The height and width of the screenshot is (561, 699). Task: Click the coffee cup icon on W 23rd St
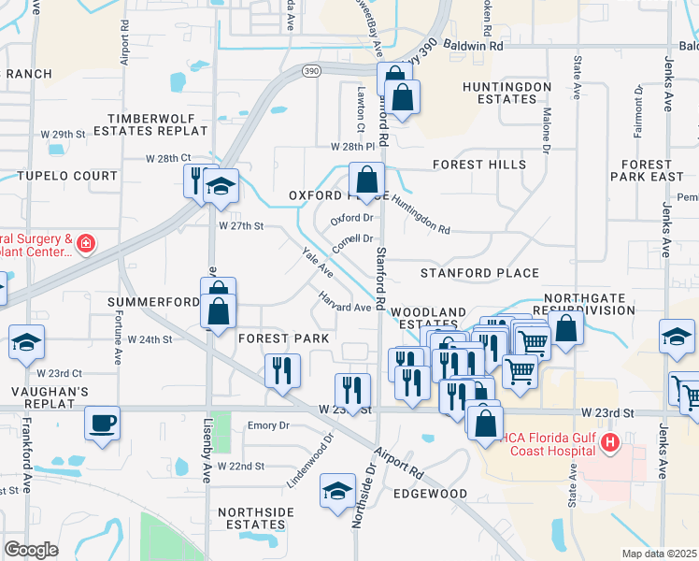tap(102, 423)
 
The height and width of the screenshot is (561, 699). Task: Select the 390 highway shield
tap(311, 70)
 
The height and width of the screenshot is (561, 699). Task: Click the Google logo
tap(31, 550)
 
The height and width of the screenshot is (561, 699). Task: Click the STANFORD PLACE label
tap(479, 273)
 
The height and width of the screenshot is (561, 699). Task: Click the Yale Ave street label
tap(318, 262)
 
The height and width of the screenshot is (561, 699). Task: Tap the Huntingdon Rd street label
tap(421, 214)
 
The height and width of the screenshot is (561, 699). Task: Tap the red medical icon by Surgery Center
tap(85, 244)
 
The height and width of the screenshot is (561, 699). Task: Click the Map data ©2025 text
tap(660, 553)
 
